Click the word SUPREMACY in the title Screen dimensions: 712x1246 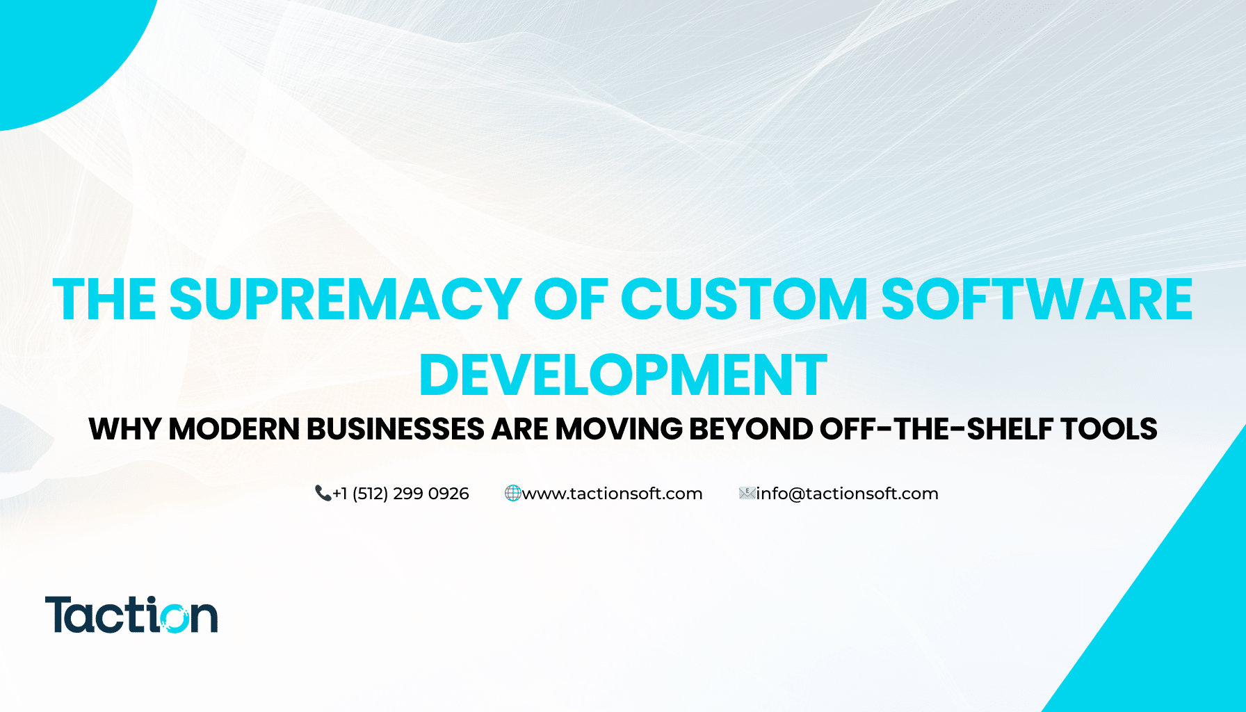coord(345,300)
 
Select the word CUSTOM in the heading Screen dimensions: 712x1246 coord(744,300)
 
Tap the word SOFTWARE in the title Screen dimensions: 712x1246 coord(1037,300)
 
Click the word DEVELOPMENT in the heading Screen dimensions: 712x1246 coord(623,375)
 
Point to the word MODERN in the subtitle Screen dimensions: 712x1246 coord(234,429)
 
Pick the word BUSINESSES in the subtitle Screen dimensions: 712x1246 coord(395,429)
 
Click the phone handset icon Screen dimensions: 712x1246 coord(323,494)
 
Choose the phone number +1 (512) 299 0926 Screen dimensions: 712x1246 coord(400,494)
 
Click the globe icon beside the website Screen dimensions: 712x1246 coord(512,494)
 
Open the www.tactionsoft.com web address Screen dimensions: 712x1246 coord(612,494)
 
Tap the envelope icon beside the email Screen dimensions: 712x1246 coord(747,494)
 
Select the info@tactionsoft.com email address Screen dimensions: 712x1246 coord(847,494)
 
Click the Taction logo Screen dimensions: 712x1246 coord(131,615)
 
